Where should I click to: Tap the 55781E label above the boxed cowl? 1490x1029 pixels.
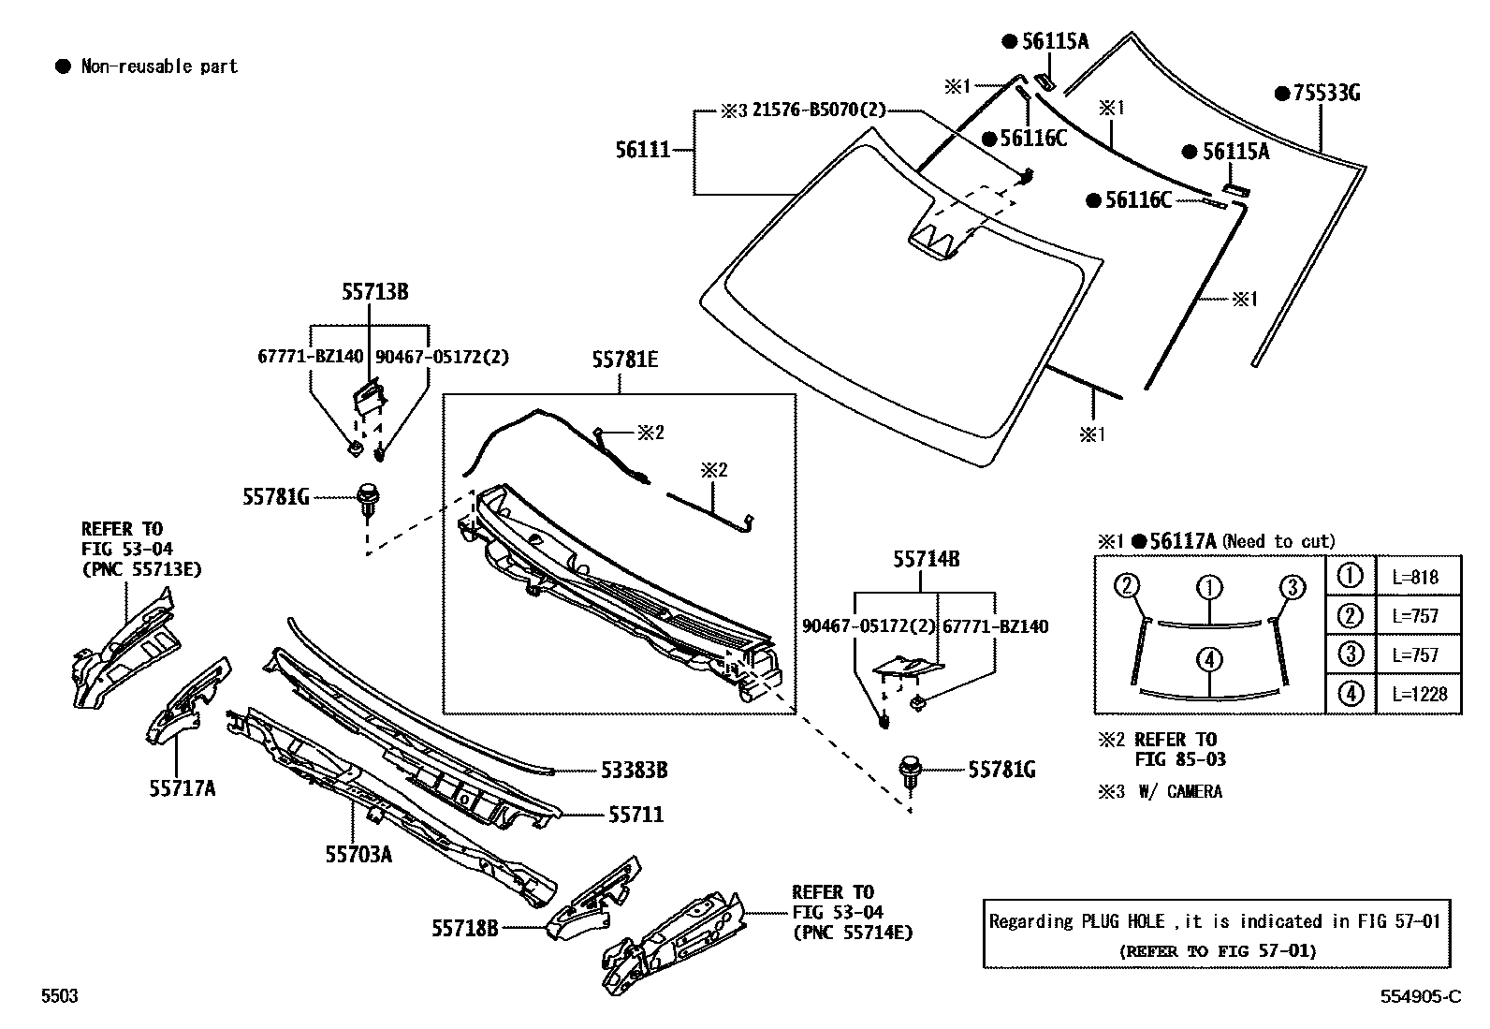pos(624,360)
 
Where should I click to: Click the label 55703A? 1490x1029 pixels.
pos(358,854)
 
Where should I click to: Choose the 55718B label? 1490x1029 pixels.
pos(464,928)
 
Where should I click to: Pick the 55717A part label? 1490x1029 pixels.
pos(182,789)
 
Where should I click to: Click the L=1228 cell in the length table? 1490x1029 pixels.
pos(1419,695)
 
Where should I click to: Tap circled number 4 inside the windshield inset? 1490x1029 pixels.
pos(1209,660)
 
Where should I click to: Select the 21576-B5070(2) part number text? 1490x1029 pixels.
pos(818,110)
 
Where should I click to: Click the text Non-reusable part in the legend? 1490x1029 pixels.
pos(159,66)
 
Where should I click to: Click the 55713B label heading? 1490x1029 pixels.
pos(374,292)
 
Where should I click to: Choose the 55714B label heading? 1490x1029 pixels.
pos(926,560)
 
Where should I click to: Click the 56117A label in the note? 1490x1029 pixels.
pos(1182,541)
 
